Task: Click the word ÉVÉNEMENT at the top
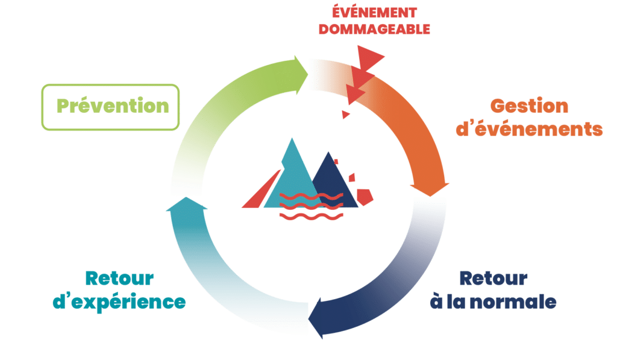pyautogui.click(x=374, y=12)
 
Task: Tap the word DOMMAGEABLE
pyautogui.click(x=374, y=29)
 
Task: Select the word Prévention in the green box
pyautogui.click(x=113, y=106)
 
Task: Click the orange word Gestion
pyautogui.click(x=529, y=106)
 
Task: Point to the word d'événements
pyautogui.click(x=529, y=129)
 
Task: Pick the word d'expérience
pyautogui.click(x=119, y=303)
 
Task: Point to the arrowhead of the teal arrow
pyautogui.click(x=187, y=204)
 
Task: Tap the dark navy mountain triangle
pyautogui.click(x=334, y=181)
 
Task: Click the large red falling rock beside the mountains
pyautogui.click(x=365, y=197)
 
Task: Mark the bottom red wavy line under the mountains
pyautogui.click(x=312, y=216)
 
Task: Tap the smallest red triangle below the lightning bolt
pyautogui.click(x=345, y=114)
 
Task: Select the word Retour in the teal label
pyautogui.click(x=120, y=279)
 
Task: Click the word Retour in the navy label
pyautogui.click(x=493, y=279)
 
